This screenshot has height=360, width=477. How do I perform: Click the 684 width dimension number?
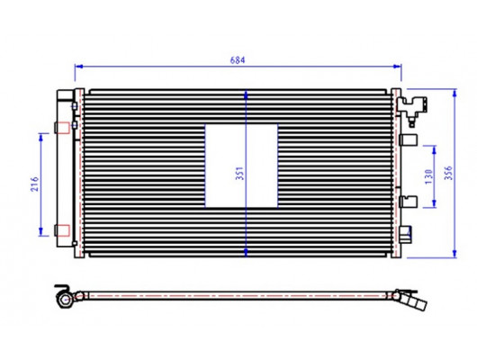[x=238, y=60]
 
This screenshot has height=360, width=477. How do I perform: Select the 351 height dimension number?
[x=240, y=173]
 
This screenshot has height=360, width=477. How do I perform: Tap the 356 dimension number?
[x=448, y=173]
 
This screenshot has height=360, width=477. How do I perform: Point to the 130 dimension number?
[x=428, y=176]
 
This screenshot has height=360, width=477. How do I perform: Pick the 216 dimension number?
[x=35, y=184]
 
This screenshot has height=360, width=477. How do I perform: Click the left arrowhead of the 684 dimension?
[x=79, y=67]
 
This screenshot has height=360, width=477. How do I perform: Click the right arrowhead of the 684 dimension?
[x=397, y=67]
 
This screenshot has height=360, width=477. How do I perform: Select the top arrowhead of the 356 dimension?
[x=454, y=93]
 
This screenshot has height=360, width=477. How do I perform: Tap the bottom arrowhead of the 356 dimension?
[x=454, y=254]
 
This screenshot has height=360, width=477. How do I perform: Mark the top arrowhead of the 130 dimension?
[x=434, y=149]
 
